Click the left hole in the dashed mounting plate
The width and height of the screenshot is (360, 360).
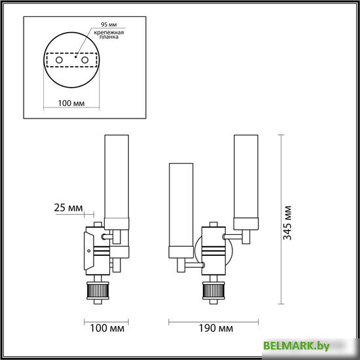pos(59,60)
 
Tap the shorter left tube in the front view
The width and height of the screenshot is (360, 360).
pos(179,209)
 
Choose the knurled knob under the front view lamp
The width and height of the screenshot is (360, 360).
pos(212,291)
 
